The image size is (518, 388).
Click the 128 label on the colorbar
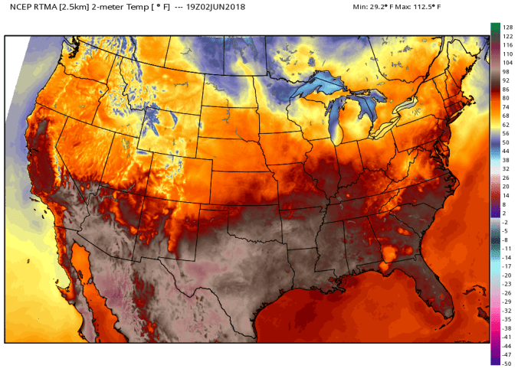507,27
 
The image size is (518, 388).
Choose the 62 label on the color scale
507,124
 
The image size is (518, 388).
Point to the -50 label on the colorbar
507,364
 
